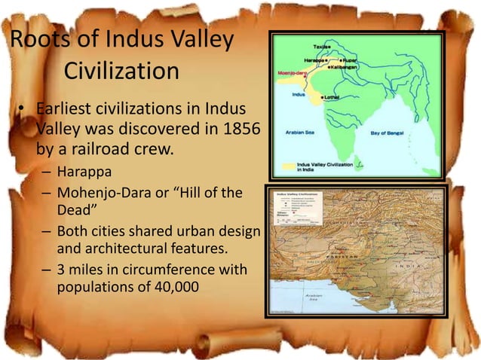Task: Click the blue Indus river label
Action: pyautogui.click(x=299, y=95)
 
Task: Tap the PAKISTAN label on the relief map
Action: pyautogui.click(x=348, y=239)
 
